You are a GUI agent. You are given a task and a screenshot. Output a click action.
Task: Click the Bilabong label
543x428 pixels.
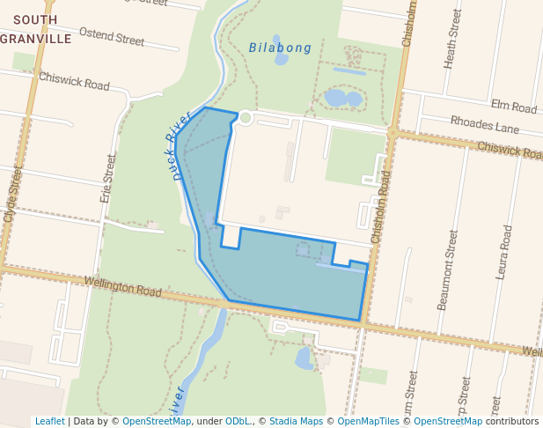click(280, 48)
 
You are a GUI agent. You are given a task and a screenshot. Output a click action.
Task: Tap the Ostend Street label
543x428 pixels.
click(112, 37)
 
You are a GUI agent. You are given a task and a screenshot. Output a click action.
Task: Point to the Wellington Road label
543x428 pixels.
click(123, 285)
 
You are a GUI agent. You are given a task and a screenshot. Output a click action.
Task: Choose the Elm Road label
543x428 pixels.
click(514, 107)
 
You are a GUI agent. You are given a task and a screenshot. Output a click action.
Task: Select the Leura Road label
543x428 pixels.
click(504, 252)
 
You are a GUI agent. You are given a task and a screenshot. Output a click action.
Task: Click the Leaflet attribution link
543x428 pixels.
click(49, 421)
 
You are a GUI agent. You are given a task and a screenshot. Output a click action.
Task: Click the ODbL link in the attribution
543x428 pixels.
click(237, 421)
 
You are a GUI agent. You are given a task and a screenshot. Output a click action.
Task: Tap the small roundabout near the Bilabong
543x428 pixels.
click(246, 117)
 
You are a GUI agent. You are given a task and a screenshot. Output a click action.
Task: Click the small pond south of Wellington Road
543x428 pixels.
click(305, 358)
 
